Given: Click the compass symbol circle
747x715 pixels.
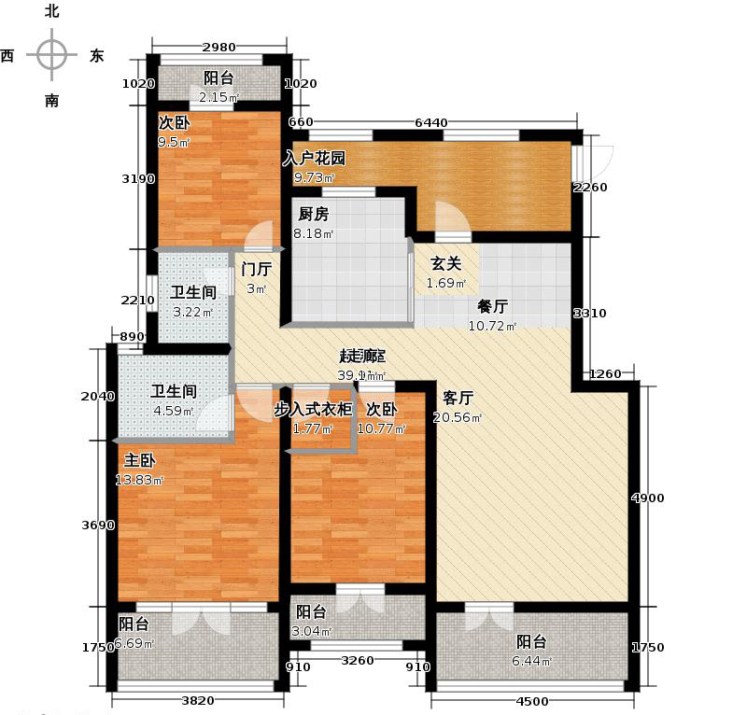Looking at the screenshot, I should click(x=51, y=54).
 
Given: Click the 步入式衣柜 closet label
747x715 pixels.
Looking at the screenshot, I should click(x=313, y=409).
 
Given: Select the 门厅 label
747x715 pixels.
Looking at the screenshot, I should click(x=256, y=269).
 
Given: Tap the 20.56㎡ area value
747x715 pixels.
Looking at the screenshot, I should click(x=458, y=417).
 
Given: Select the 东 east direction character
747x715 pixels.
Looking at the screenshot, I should click(x=96, y=56).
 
